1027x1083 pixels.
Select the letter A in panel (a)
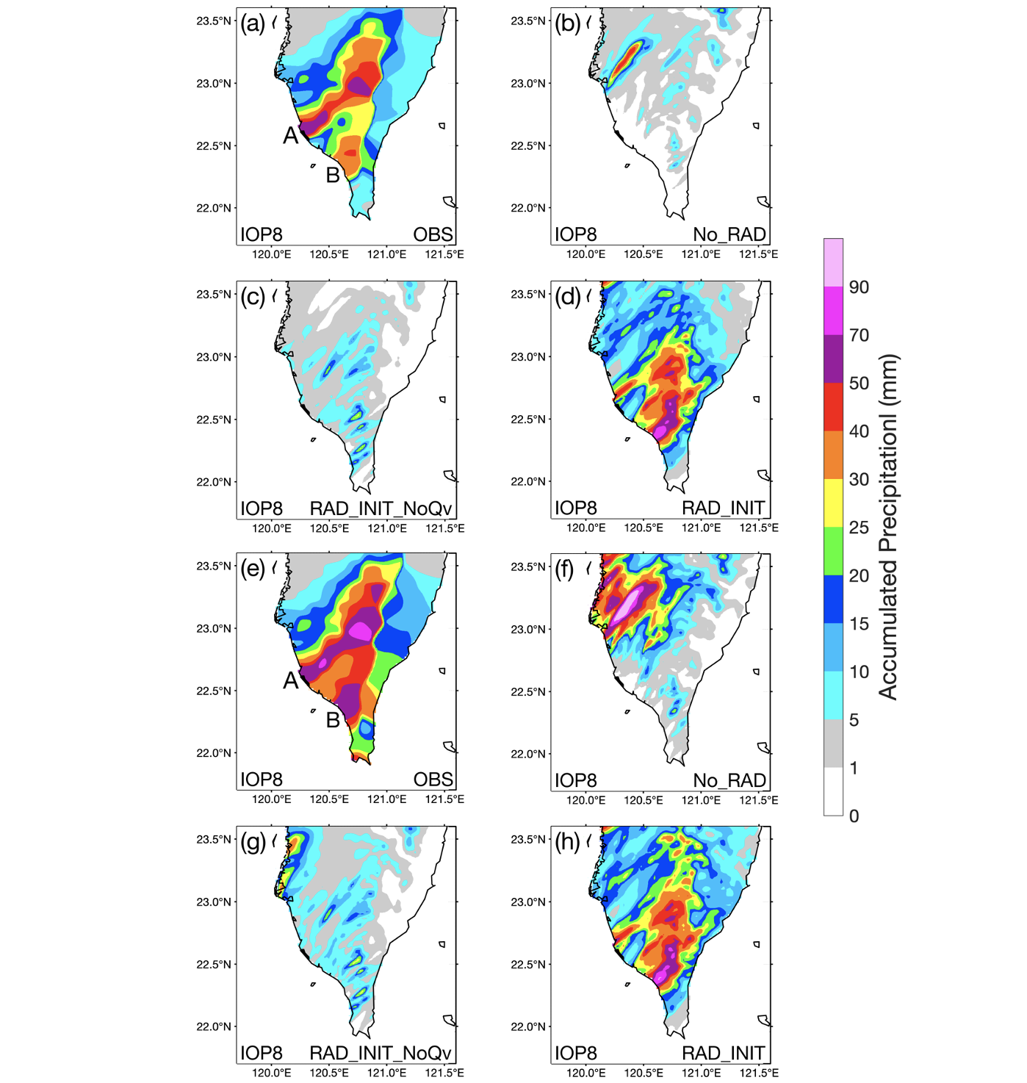tap(291, 136)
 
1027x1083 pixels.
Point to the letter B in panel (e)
tap(333, 720)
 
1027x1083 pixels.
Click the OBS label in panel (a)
tap(433, 234)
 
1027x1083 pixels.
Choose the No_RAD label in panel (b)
tap(729, 234)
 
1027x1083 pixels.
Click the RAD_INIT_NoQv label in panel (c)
tap(381, 508)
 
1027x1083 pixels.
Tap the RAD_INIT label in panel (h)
tap(723, 1053)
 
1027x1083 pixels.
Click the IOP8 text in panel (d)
tap(575, 508)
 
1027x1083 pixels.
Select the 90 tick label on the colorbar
tap(859, 287)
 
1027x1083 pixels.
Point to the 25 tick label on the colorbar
tap(859, 528)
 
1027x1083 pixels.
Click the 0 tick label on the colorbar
tap(854, 816)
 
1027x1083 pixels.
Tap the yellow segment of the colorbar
tap(833, 503)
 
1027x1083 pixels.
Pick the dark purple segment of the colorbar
tap(833, 359)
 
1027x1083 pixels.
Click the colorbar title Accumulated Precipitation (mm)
tap(888, 527)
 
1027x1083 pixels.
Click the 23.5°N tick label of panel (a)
tap(214, 21)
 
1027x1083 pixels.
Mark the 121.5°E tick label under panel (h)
tap(759, 1073)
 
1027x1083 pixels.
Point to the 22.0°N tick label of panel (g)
tap(214, 1026)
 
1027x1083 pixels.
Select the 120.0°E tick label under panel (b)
tap(585, 254)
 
